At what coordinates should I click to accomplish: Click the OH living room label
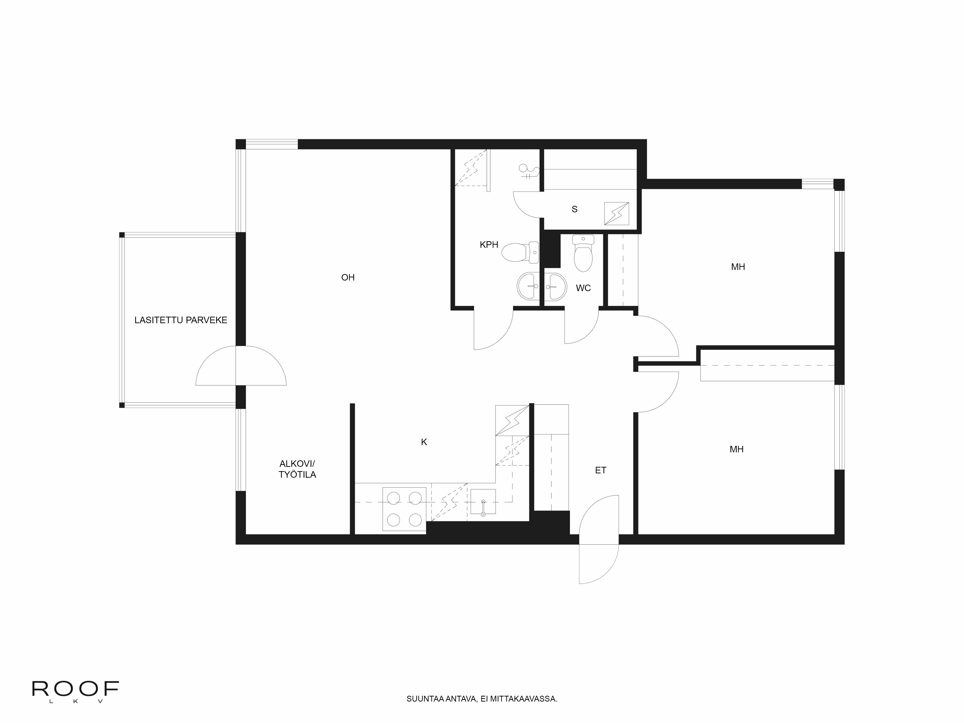coord(348,277)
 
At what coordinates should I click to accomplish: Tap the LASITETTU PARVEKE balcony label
coord(181,320)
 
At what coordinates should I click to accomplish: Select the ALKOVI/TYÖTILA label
coord(297,469)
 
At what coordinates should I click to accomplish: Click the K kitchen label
coord(424,442)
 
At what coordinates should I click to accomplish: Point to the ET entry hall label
coord(601,470)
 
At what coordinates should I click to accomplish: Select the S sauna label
coord(574,209)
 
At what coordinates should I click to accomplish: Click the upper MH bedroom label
coord(738,267)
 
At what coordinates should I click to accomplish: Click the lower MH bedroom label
coord(736,449)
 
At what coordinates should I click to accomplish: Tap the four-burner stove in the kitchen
coord(404,509)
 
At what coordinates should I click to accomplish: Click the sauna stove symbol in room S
coord(616,214)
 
